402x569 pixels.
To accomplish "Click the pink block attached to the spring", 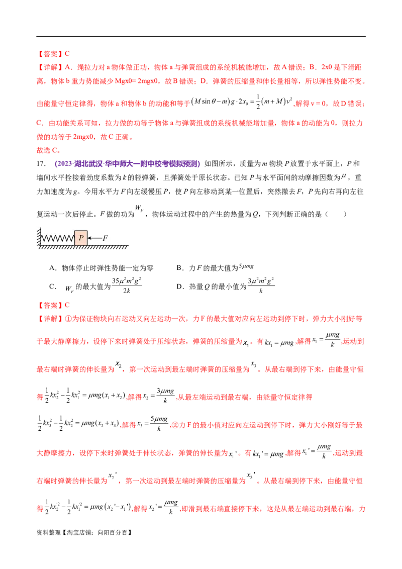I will point(80,237).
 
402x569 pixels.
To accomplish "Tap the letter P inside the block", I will point(80,238).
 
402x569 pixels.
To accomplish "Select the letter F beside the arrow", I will point(105,238).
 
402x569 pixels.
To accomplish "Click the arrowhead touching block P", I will point(89,238).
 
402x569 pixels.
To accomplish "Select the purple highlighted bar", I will point(127,163).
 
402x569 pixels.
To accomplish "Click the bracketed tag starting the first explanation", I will point(49,67).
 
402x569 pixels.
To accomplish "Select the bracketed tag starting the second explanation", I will point(49,319).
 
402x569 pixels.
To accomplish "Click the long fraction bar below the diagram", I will point(128,288).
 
